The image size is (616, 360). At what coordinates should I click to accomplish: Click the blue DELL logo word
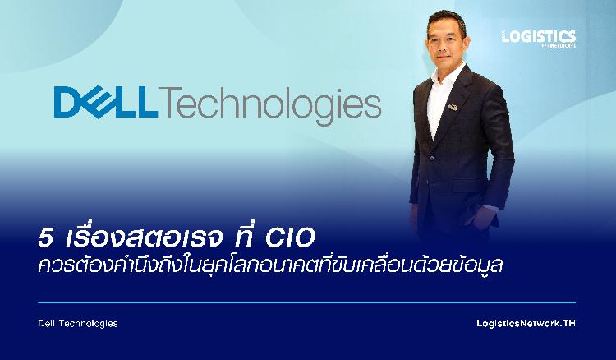pyautogui.click(x=106, y=102)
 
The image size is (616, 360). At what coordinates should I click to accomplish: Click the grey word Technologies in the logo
pyautogui.click(x=270, y=105)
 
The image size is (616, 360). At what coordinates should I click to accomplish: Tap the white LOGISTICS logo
pyautogui.click(x=539, y=39)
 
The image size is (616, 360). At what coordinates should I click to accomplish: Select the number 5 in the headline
pyautogui.click(x=45, y=238)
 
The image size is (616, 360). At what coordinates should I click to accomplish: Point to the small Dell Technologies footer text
pyautogui.click(x=78, y=324)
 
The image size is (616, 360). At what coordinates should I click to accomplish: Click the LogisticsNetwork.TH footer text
pyautogui.click(x=526, y=324)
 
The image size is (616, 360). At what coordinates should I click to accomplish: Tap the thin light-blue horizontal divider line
pyautogui.click(x=307, y=302)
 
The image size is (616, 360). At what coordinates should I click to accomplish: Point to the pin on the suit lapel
pyautogui.click(x=453, y=107)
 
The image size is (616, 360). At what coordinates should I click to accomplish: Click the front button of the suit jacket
pyautogui.click(x=432, y=158)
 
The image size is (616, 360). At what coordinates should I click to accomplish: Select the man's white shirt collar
pyautogui.click(x=446, y=74)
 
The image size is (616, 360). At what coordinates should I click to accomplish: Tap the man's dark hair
pyautogui.click(x=447, y=19)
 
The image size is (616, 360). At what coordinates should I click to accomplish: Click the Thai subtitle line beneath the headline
pyautogui.click(x=271, y=265)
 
